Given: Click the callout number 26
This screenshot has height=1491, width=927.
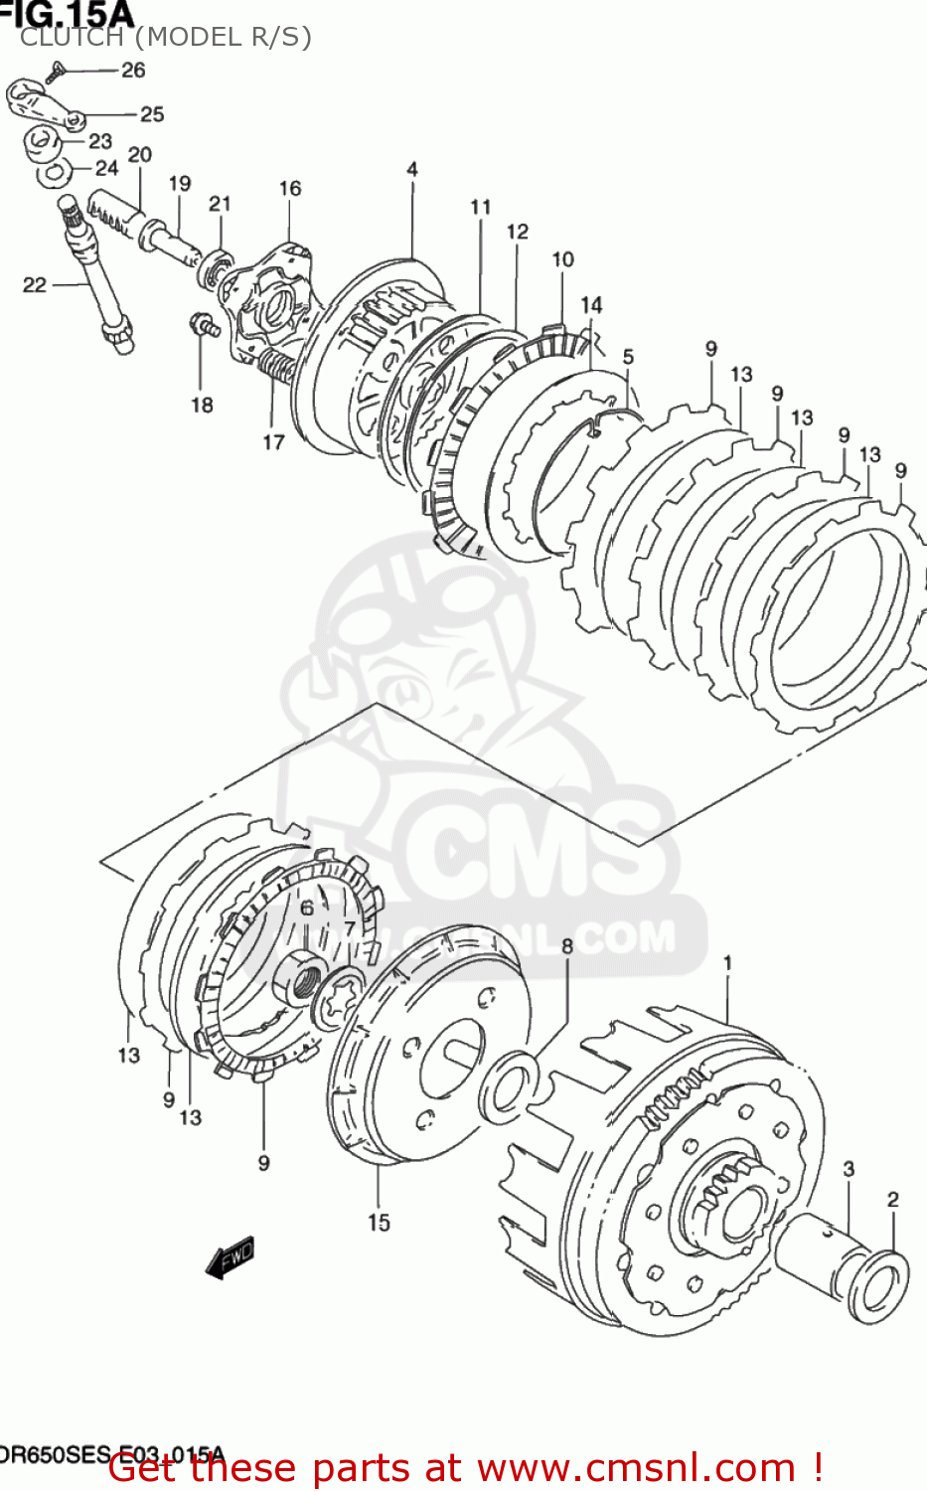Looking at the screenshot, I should (x=133, y=70).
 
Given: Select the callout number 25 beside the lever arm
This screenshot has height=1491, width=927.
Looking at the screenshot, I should (x=152, y=114).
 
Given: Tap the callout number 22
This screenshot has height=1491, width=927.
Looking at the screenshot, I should (x=35, y=285).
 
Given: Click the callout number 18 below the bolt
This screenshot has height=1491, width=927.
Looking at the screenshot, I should (x=202, y=405).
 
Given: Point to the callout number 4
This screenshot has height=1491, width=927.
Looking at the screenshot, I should (x=412, y=169).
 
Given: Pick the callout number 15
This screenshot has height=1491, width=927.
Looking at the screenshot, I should (x=379, y=1223).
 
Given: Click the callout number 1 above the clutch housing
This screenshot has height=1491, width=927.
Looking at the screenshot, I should (x=727, y=962).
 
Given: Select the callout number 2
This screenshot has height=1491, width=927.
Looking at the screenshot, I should (x=892, y=1199).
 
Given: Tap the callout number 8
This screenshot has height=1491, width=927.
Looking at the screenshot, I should (x=567, y=945).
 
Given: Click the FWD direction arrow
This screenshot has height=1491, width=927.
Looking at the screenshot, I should (x=231, y=1257).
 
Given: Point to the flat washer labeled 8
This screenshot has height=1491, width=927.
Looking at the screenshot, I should (x=509, y=1084).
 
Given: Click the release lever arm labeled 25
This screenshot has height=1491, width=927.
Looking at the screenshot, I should (x=45, y=105).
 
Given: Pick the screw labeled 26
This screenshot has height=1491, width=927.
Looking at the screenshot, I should (x=56, y=71).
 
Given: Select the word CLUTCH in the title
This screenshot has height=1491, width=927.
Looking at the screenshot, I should (x=72, y=37).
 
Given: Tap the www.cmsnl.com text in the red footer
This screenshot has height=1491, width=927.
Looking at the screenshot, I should (x=636, y=1468).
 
